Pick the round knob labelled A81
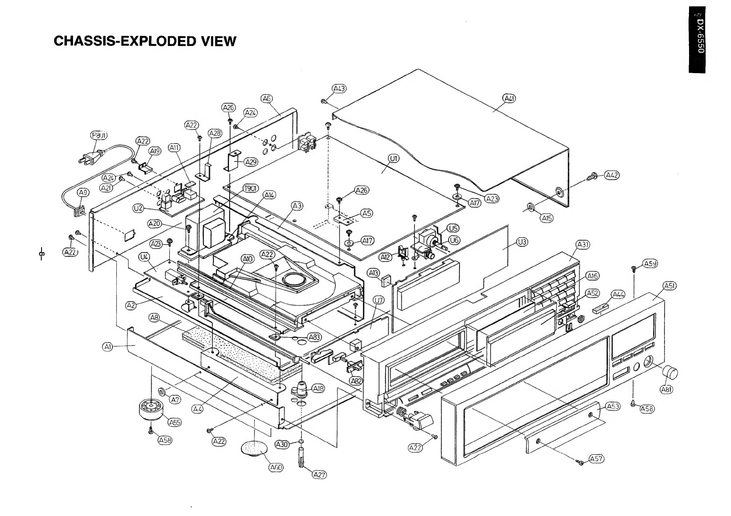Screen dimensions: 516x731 click(672, 373)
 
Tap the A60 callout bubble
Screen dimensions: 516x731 click(276, 467)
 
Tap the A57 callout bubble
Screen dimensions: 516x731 click(596, 459)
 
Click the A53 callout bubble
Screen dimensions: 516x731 click(613, 407)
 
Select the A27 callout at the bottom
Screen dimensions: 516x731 click(319, 475)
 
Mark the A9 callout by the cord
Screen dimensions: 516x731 click(83, 193)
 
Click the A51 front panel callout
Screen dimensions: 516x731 click(670, 286)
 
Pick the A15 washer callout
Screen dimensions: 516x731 click(546, 218)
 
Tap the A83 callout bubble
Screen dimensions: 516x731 click(314, 337)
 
